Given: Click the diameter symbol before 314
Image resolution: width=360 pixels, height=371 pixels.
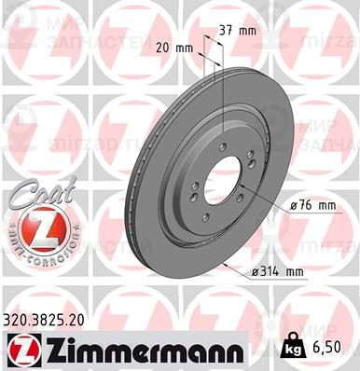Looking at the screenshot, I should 256,272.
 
